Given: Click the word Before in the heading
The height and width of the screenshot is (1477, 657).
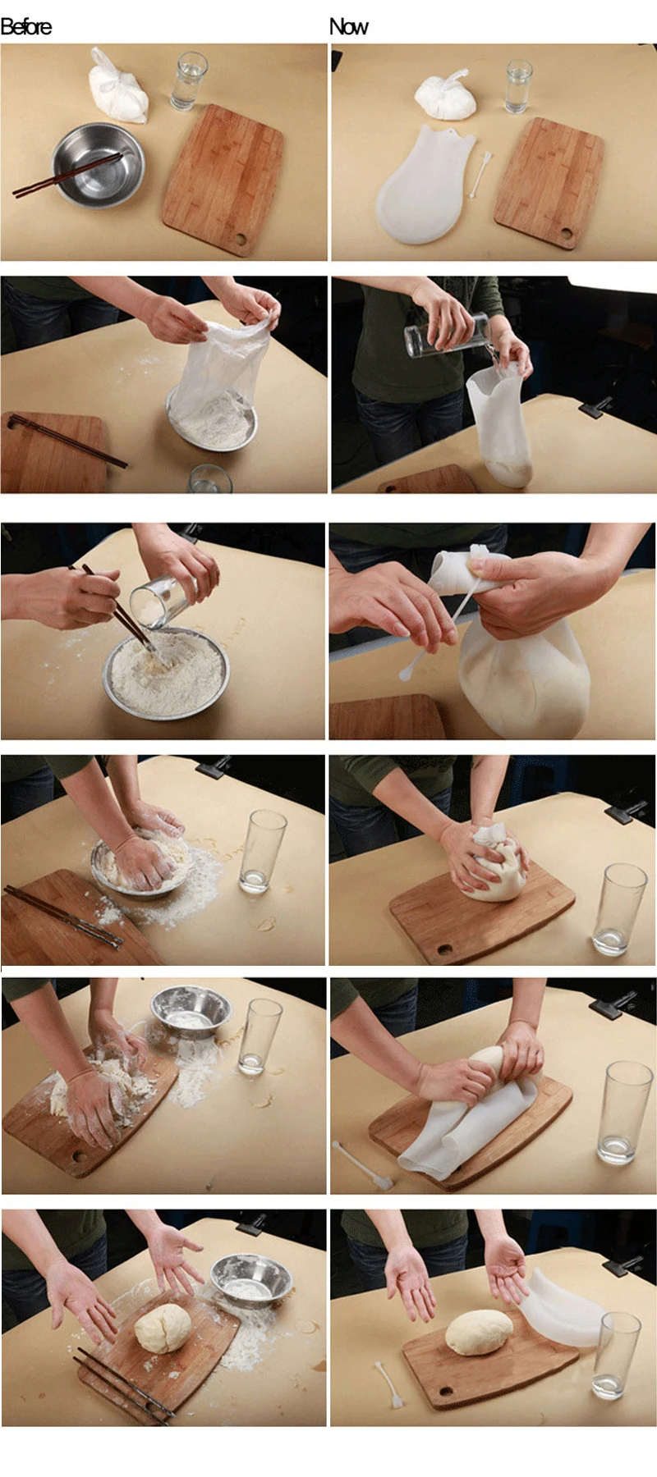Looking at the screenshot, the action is tap(26, 27).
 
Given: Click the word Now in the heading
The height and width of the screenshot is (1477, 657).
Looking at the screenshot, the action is tap(349, 27).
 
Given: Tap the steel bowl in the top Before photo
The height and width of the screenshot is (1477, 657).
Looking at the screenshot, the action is tap(98, 165).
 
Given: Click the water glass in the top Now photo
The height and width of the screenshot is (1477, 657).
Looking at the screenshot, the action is tap(519, 85).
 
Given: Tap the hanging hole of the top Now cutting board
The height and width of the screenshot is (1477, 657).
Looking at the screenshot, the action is tap(567, 235).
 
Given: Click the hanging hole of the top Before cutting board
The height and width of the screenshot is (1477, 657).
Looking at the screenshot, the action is tap(240, 240).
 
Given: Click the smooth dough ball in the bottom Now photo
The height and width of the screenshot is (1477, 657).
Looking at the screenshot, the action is tap(479, 1332).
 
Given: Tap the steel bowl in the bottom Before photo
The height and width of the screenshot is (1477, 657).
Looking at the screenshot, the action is tap(252, 1280).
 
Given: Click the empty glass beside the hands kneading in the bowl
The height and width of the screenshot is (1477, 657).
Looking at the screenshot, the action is tap(262, 851).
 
